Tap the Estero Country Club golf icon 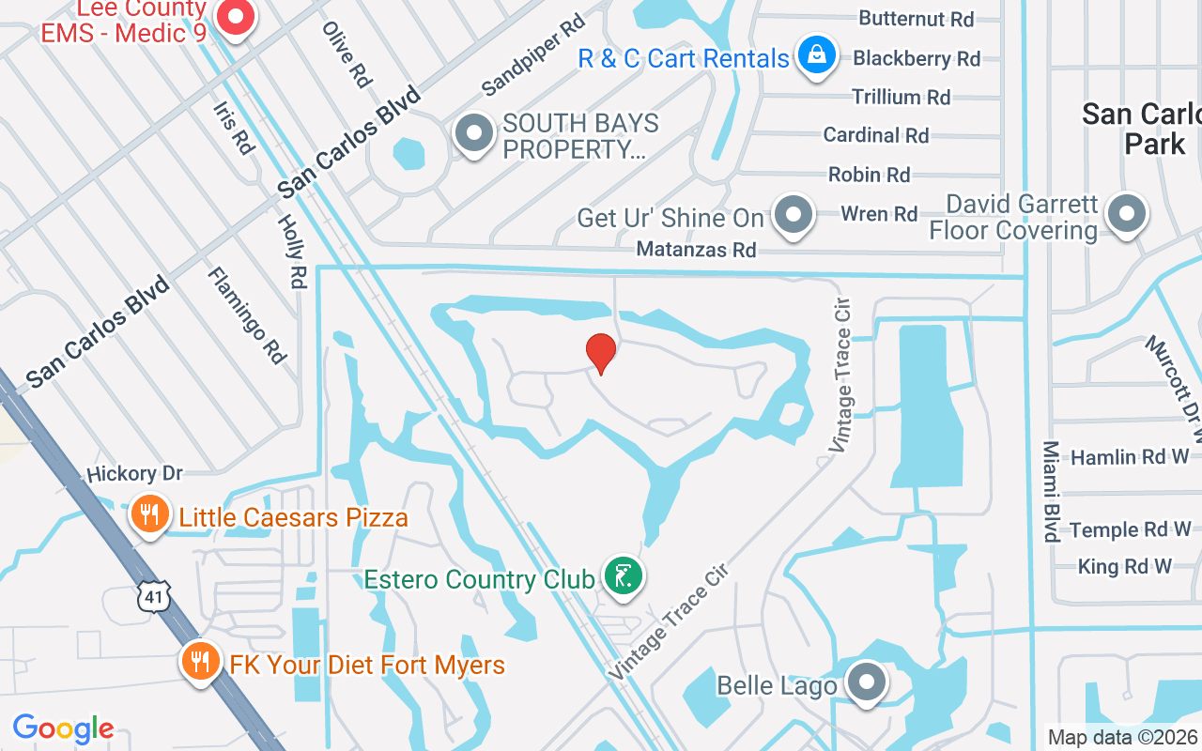622,575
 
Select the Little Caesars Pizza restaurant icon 148,514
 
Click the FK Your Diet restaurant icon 198,662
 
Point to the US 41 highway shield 153,596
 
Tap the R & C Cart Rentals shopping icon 817,55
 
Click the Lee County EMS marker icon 236,17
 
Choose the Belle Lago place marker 866,682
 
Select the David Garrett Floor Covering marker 1126,214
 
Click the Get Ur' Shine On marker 794,215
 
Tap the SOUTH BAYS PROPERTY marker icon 474,133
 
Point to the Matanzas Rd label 696,250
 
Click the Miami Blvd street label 1052,491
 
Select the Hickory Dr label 135,473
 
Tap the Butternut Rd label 917,19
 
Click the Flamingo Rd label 247,315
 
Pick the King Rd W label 1125,566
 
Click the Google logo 64,728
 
